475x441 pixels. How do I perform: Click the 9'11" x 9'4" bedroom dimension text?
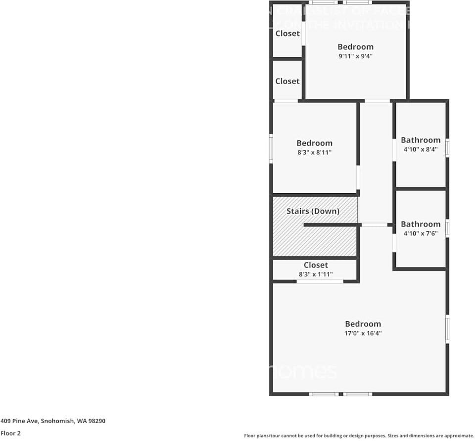coord(355,56)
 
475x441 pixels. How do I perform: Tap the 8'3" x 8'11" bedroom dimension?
coord(314,153)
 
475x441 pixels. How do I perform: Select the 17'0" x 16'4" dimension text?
coord(363,333)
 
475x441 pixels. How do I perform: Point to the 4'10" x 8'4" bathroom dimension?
coord(421,149)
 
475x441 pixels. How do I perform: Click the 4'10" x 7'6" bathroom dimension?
coord(421,233)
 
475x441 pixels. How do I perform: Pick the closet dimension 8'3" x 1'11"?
coord(316,274)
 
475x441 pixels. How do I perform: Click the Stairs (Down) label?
coord(313,211)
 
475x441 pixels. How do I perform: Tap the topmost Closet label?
coord(287,34)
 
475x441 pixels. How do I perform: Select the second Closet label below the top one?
coord(287,81)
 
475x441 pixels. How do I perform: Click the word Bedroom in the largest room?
coord(363,324)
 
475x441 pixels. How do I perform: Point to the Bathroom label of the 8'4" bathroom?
coord(421,140)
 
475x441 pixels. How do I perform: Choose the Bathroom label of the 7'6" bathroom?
coord(421,224)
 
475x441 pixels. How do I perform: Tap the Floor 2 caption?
coord(10,433)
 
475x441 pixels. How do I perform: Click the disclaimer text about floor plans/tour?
coord(359,436)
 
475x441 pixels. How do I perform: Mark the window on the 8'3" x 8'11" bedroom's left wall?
coord(271,148)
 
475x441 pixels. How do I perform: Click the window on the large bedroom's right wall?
coord(447,329)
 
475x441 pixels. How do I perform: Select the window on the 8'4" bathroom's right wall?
coord(447,148)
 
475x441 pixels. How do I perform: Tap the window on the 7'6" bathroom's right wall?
coord(447,228)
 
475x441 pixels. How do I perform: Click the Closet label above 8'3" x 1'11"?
coord(316,265)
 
